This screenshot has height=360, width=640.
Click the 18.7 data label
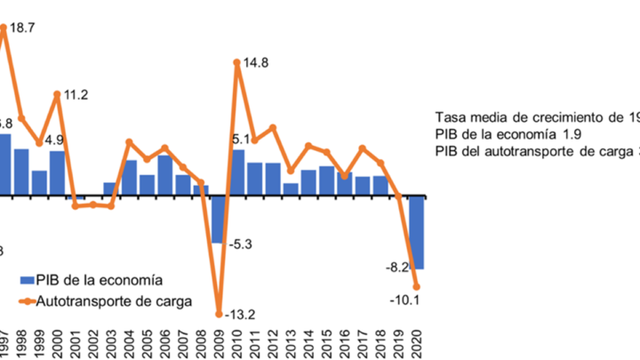[23, 28]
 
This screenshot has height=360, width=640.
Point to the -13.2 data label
[240, 314]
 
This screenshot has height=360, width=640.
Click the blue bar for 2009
[219, 219]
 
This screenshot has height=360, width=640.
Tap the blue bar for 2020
[416, 232]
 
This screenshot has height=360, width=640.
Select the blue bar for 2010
[237, 172]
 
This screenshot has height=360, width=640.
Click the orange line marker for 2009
[219, 313]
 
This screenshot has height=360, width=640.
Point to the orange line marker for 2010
[237, 62]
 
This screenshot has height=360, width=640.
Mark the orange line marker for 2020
[416, 286]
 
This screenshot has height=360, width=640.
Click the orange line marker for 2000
[57, 94]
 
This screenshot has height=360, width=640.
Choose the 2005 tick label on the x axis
[148, 341]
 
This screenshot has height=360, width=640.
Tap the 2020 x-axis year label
[416, 341]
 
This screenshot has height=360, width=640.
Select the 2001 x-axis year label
[76, 341]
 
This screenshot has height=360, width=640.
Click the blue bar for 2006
[164, 175]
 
